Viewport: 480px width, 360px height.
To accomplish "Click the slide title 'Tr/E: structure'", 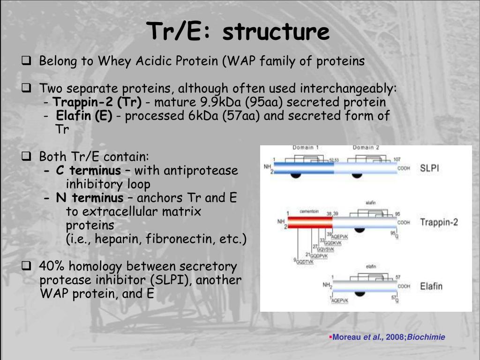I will pyautogui.click(x=238, y=32).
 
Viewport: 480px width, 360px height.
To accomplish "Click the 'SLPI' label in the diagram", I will pyautogui.click(x=429, y=167).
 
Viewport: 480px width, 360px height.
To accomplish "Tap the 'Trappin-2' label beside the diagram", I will pyautogui.click(x=439, y=222).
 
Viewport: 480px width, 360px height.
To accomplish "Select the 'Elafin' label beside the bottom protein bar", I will pyautogui.click(x=431, y=285).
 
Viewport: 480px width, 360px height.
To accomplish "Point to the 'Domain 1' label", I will pyautogui.click(x=306, y=148).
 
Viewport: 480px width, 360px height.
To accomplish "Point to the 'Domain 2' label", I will pyautogui.click(x=366, y=148).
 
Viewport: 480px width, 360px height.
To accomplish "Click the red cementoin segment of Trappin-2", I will pyautogui.click(x=309, y=223).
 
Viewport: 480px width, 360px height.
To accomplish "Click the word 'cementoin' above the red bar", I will pyautogui.click(x=309, y=212).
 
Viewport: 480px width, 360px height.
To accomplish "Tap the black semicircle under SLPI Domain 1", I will pyautogui.click(x=295, y=176).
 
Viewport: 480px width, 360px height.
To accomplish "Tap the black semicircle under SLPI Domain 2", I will pyautogui.click(x=357, y=176).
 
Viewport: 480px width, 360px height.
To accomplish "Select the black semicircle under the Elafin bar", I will pyautogui.click(x=360, y=293).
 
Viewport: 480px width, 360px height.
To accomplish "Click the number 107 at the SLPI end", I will pyautogui.click(x=397, y=159).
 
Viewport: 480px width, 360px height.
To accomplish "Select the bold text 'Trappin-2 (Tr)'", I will pyautogui.click(x=97, y=102).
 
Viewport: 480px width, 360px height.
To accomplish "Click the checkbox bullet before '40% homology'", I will pyautogui.click(x=27, y=267).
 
